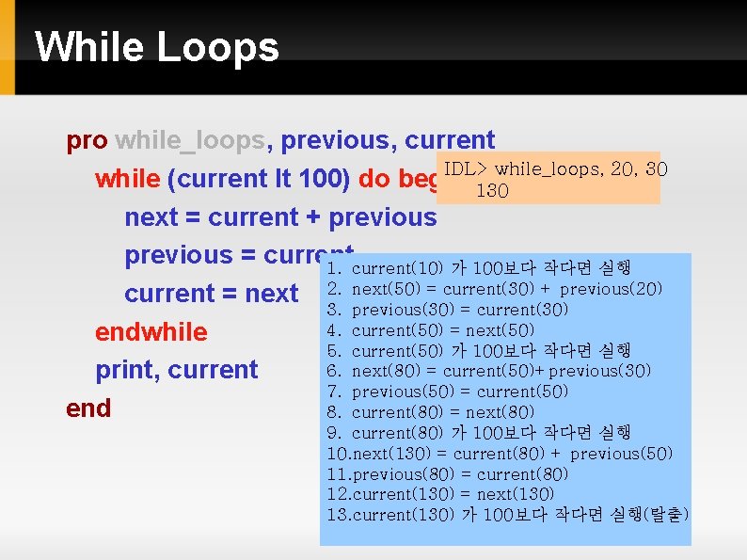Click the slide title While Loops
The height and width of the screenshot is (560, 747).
click(157, 47)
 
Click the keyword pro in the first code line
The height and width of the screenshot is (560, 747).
click(87, 141)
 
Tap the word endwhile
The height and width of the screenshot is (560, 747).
click(151, 332)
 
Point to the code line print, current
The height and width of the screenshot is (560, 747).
click(176, 370)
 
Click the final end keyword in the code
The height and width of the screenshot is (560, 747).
click(88, 408)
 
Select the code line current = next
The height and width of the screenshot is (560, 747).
click(211, 294)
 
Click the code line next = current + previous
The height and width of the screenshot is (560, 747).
click(280, 217)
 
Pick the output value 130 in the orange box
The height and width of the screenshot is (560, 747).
click(492, 191)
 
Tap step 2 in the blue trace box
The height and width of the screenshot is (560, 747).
click(495, 289)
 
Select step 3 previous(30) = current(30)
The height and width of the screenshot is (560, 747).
click(448, 310)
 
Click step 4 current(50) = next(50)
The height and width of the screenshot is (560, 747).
click(431, 330)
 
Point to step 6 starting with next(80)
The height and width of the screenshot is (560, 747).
click(488, 371)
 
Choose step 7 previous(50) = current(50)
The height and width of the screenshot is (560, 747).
click(448, 392)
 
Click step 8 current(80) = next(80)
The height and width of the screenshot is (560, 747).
click(431, 412)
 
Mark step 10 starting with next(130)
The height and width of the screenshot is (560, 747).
click(500, 454)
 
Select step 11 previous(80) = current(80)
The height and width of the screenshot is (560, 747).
click(448, 474)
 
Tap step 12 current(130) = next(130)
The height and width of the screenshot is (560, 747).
click(440, 494)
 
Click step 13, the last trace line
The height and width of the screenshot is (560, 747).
click(507, 515)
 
